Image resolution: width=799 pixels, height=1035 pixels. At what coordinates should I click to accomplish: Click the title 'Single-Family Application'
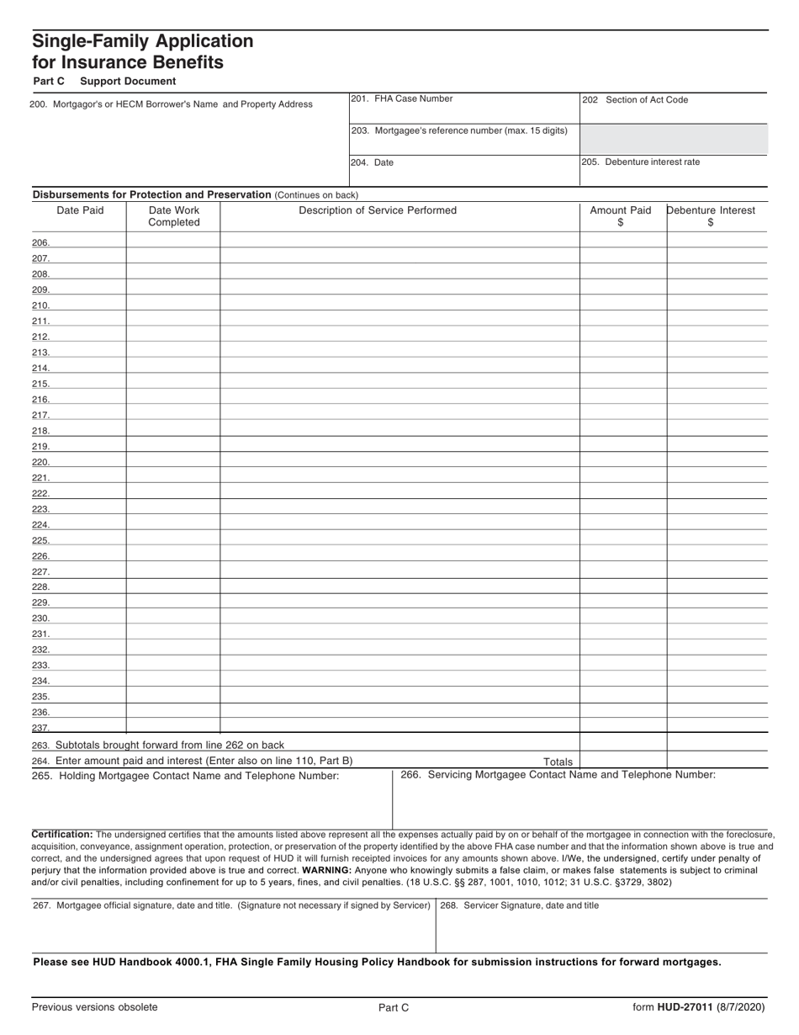point(142,41)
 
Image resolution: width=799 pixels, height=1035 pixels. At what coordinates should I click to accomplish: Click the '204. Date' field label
point(373,162)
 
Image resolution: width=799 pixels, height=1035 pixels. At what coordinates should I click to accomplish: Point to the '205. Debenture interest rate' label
point(641,162)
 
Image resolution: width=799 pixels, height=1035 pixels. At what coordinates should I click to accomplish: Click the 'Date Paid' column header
point(80,210)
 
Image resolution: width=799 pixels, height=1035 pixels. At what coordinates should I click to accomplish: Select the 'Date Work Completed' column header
point(174,216)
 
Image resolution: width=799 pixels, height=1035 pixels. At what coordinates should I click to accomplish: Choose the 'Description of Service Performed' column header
point(378,210)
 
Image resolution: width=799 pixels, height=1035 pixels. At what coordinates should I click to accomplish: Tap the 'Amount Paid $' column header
point(621,216)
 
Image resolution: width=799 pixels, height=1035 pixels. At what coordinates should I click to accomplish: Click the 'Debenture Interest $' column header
point(711,216)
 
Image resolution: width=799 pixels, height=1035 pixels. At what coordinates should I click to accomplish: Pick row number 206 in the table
point(40,243)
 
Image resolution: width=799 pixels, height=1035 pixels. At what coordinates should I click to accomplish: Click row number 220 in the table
point(40,462)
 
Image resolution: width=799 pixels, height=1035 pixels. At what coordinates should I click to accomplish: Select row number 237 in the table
point(40,728)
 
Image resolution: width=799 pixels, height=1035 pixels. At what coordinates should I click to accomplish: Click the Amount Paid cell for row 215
point(622,383)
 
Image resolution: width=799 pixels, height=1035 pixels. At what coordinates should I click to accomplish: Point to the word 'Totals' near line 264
point(558,762)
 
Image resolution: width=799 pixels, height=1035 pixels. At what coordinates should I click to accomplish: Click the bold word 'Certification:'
point(62,834)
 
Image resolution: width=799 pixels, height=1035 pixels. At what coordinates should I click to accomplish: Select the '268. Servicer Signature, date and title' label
point(520,905)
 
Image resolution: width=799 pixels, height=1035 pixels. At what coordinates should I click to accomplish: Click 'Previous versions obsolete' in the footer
point(94,1007)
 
